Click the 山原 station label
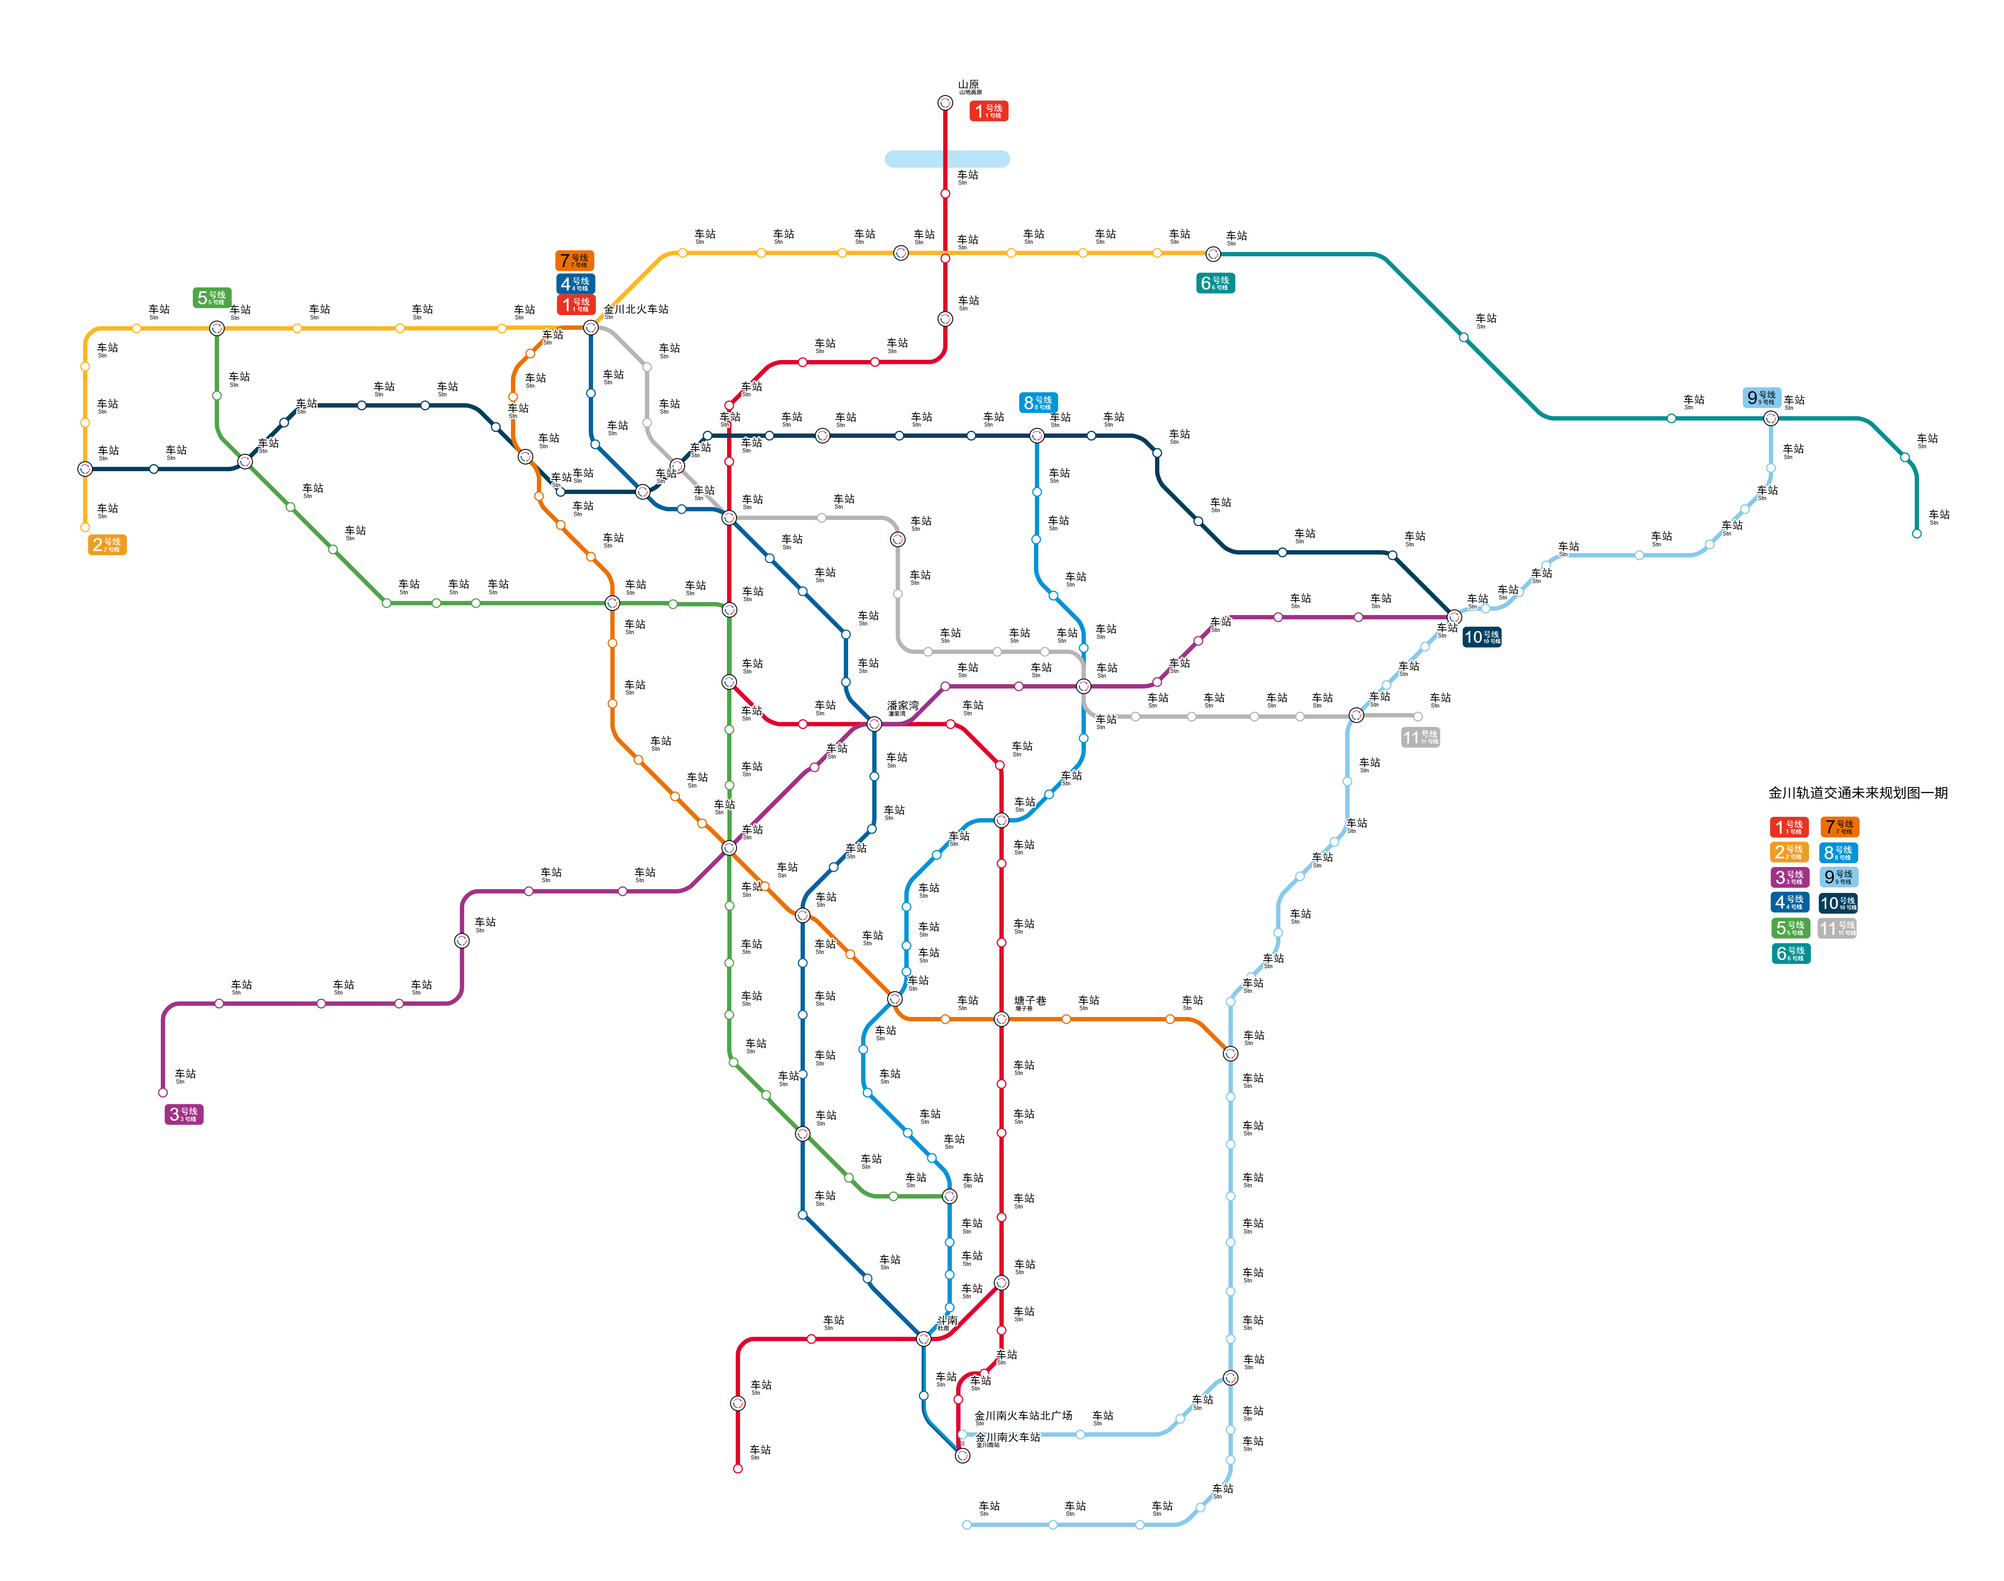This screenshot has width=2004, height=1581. click(x=968, y=85)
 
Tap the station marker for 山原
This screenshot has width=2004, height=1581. click(x=945, y=103)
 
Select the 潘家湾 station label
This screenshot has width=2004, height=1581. click(x=903, y=706)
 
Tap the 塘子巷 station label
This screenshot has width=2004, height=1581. click(x=1029, y=1001)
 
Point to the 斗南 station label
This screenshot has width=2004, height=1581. click(x=946, y=1321)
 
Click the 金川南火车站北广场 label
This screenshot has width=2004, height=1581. click(x=1023, y=1416)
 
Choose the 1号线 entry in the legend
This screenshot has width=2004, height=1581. click(x=1788, y=827)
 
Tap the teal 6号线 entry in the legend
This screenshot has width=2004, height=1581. click(x=1790, y=953)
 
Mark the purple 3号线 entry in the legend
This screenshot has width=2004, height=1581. click(x=1788, y=877)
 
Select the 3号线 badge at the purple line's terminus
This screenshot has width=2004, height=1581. click(x=183, y=1115)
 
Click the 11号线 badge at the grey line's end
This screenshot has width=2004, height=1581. click(x=1420, y=738)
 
